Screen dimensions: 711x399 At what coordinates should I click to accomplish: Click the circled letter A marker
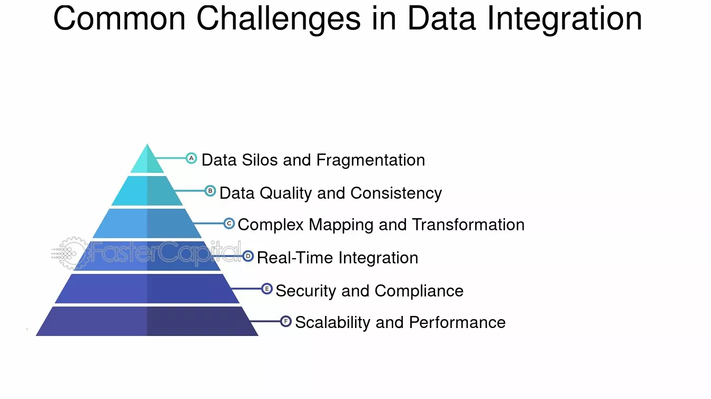[191, 158]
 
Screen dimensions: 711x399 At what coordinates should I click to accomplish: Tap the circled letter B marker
[210, 191]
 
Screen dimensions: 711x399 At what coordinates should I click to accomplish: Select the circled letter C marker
[229, 223]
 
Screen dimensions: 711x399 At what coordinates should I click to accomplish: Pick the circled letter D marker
[248, 256]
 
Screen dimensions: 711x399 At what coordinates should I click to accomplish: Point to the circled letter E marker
[267, 289]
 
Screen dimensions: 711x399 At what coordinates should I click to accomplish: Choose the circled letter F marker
[285, 321]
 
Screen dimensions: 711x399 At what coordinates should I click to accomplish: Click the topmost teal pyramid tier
[147, 161]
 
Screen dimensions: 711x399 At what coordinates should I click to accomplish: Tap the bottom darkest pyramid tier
[147, 321]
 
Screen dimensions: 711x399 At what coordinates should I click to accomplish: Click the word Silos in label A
[260, 160]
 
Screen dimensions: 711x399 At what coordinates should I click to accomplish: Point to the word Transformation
[468, 224]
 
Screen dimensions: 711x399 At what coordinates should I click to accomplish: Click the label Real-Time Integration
[338, 258]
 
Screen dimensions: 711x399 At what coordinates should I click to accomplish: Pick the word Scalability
[333, 323]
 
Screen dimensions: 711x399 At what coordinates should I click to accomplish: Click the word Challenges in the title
[279, 19]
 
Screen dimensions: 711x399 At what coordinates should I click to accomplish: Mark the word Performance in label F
[457, 322]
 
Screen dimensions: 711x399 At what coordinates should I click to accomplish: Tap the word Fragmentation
[371, 160]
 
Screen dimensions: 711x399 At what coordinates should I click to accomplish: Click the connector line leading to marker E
[246, 289]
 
